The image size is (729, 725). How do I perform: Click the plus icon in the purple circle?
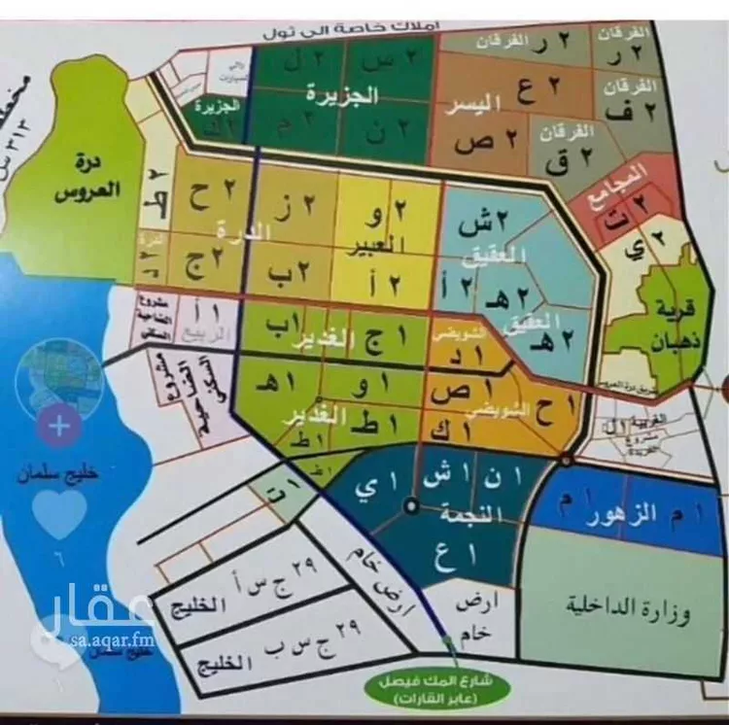(59, 425)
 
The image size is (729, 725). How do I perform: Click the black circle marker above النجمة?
(412, 504)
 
